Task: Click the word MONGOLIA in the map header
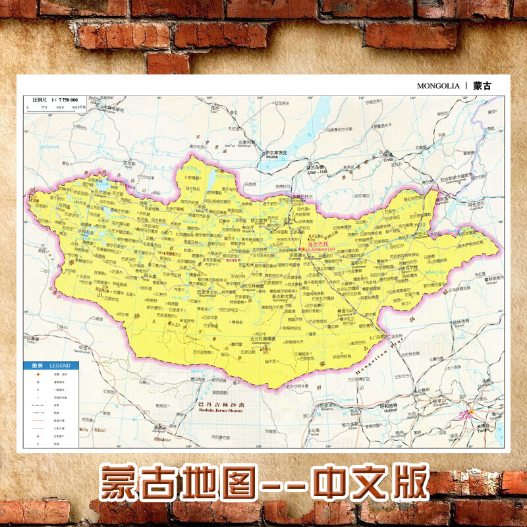[x=438, y=86]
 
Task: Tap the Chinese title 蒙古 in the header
[x=482, y=86]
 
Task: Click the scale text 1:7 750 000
[x=63, y=99]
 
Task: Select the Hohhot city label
[x=391, y=407]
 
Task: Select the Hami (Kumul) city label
[x=84, y=349]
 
